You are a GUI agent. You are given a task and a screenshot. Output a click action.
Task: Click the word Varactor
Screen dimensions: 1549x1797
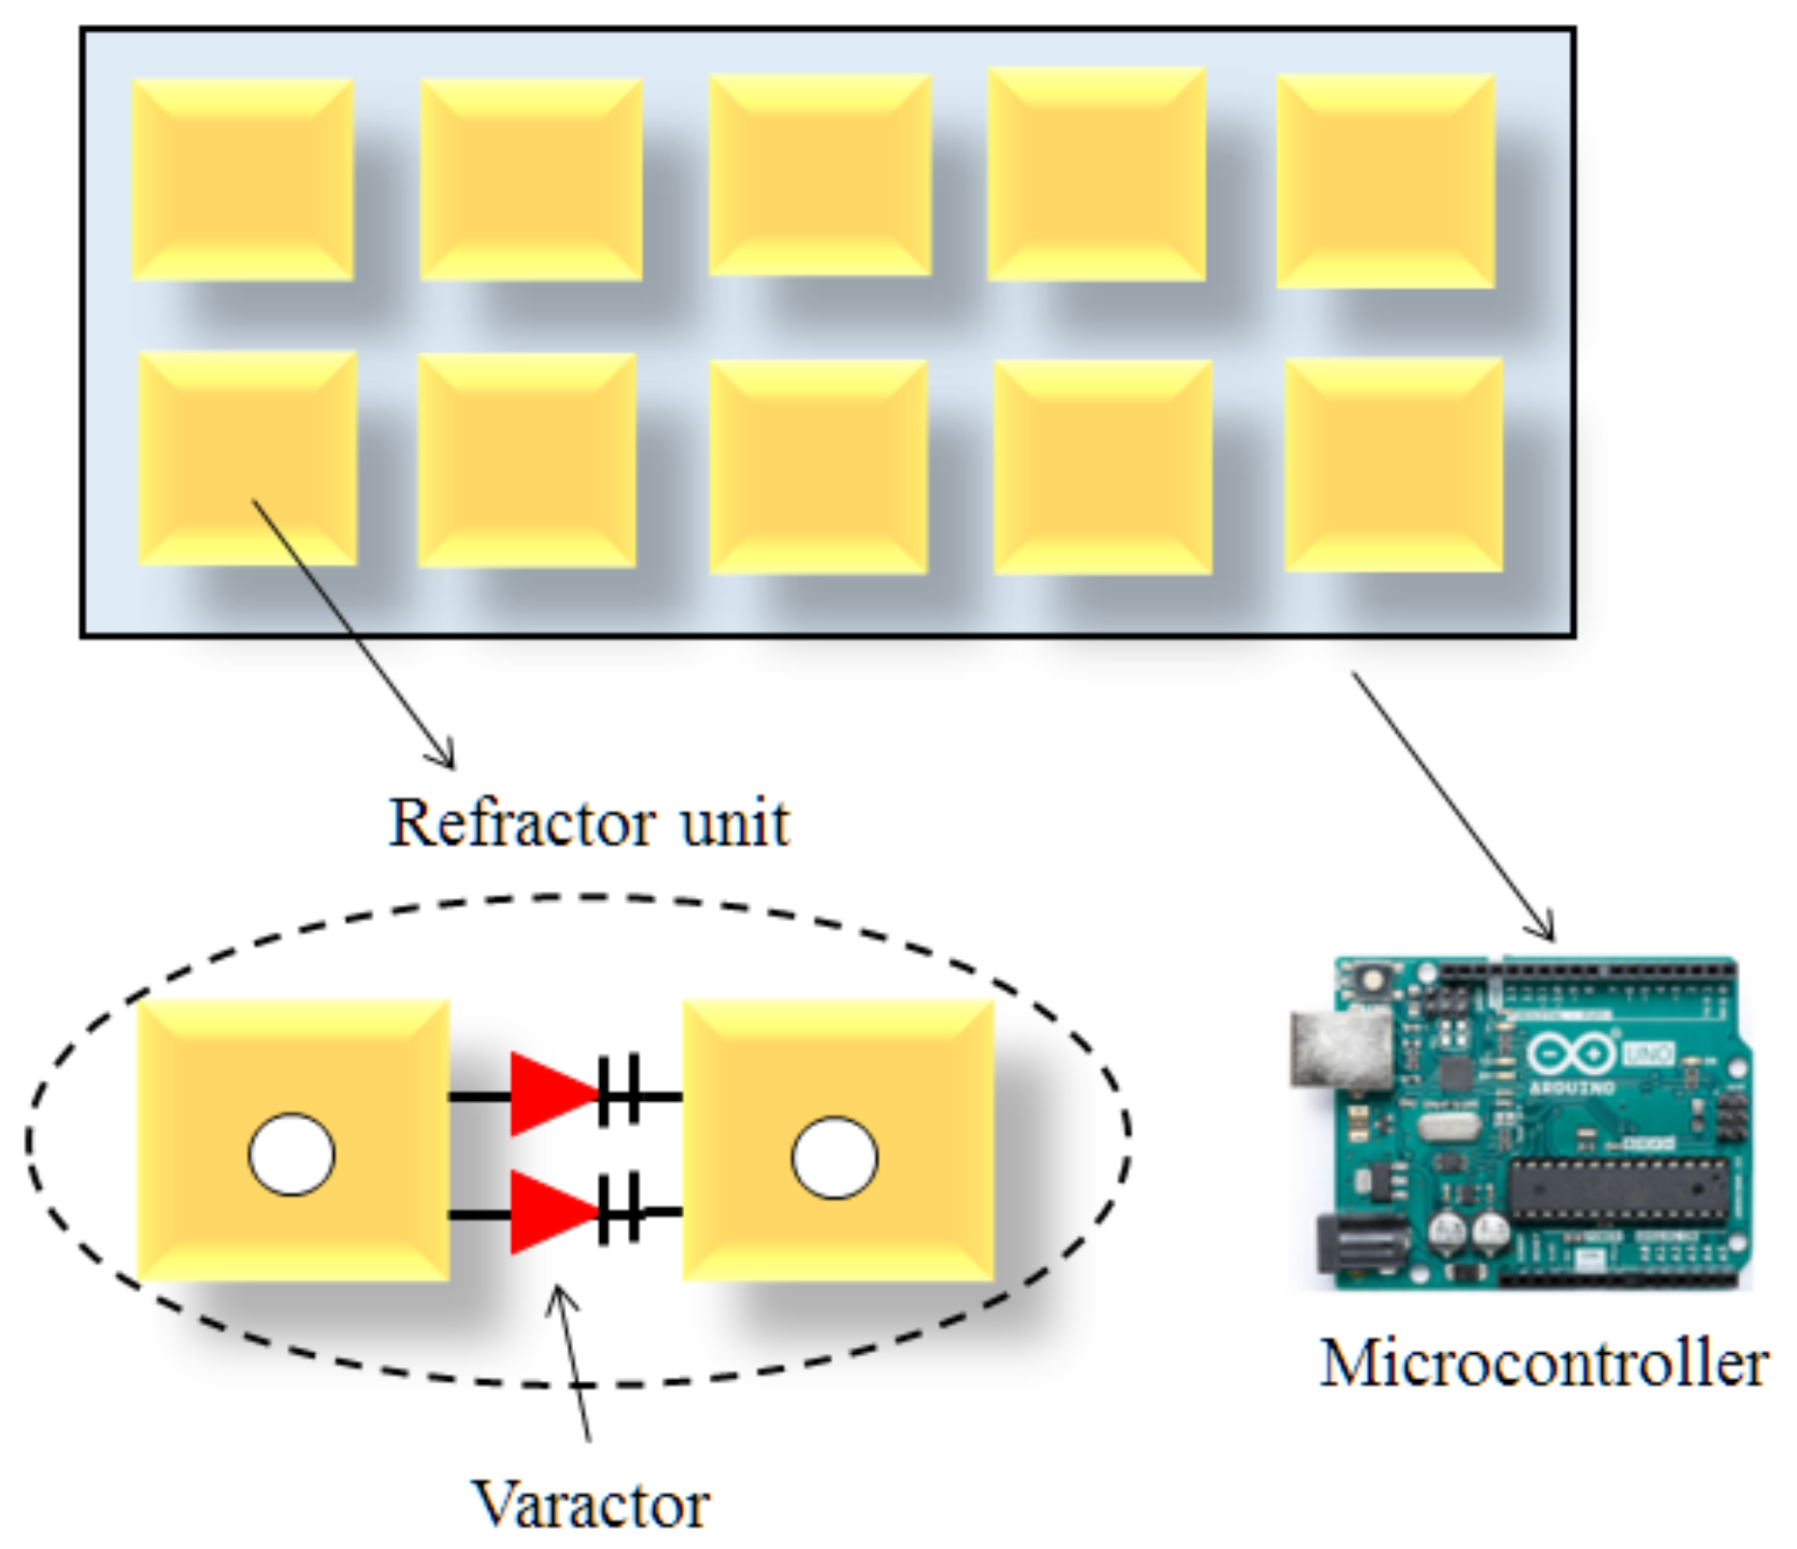click(x=591, y=1504)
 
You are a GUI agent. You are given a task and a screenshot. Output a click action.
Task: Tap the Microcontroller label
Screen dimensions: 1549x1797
click(x=1543, y=1365)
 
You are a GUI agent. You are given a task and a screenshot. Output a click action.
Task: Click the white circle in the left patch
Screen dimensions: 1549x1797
click(x=292, y=1155)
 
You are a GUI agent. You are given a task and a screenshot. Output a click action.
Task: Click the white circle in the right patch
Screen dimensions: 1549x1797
click(x=834, y=1157)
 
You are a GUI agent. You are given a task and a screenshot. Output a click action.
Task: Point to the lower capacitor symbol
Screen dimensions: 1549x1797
click(x=619, y=1209)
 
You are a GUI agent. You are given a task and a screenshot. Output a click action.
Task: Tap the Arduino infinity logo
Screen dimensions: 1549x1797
click(x=1571, y=1055)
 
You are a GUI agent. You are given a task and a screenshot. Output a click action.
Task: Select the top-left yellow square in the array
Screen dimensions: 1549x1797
click(x=242, y=181)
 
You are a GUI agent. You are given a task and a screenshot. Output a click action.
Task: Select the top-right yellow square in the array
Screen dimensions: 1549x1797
click(x=1385, y=181)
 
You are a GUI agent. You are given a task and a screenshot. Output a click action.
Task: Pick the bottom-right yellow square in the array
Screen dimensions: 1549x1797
click(x=1393, y=465)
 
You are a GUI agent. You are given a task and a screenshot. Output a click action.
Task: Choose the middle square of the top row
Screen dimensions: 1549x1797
click(x=819, y=175)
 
